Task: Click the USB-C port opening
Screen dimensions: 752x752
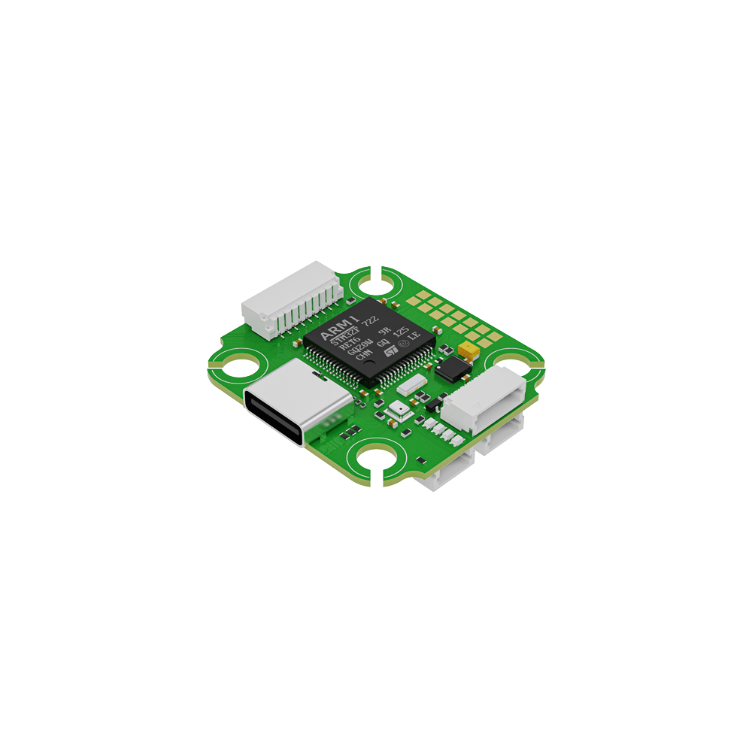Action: click(275, 417)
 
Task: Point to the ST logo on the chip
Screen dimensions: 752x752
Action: click(390, 351)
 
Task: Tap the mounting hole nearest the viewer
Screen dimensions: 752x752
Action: click(381, 460)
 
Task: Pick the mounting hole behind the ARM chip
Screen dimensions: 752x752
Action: click(374, 284)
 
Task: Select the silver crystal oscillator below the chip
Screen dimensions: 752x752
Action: click(411, 387)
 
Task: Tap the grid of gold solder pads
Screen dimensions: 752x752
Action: click(448, 316)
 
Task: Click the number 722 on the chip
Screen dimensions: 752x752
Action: click(369, 320)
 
